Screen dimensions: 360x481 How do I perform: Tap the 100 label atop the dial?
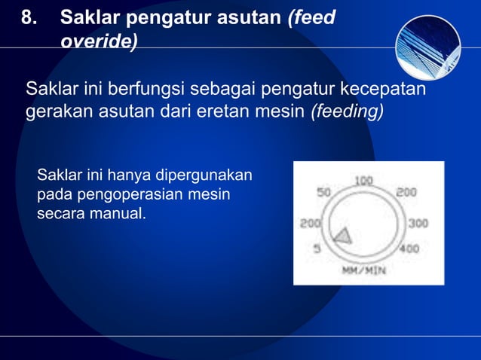[x=364, y=181]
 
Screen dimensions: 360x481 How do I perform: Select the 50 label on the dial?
[x=324, y=192]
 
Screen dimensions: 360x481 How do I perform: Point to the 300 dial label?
[x=418, y=224]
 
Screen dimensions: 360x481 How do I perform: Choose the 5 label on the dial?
[x=317, y=249]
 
